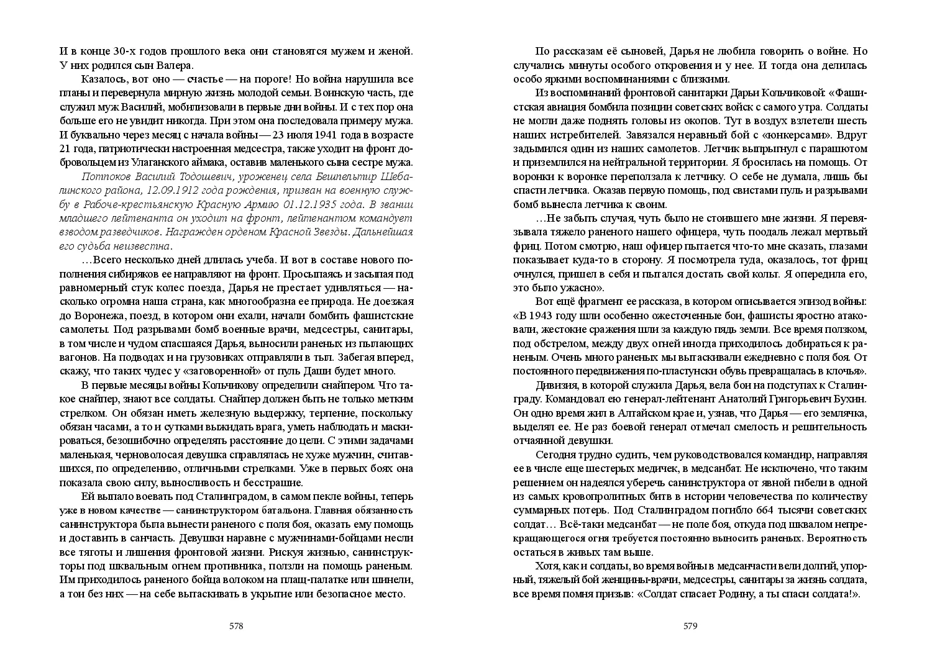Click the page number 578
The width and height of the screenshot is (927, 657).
[236, 625]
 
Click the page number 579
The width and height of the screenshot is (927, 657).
[690, 625]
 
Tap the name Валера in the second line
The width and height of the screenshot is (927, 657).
[176, 65]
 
